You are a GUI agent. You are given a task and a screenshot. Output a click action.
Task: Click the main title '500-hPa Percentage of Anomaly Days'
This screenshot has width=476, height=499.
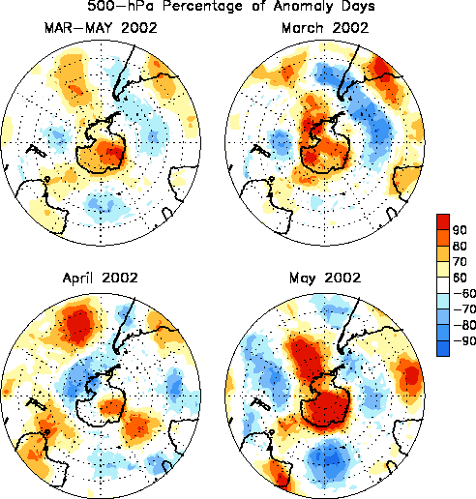click(x=231, y=6)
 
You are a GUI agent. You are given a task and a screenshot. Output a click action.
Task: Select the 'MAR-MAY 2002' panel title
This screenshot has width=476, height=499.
click(x=101, y=28)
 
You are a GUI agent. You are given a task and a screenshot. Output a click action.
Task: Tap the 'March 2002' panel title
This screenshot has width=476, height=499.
click(x=325, y=28)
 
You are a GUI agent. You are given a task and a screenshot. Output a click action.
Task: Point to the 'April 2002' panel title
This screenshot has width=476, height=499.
click(x=101, y=278)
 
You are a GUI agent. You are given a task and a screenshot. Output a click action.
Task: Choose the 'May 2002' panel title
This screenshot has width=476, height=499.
click(x=325, y=279)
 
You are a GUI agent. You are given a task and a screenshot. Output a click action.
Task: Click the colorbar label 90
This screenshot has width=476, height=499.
click(x=460, y=230)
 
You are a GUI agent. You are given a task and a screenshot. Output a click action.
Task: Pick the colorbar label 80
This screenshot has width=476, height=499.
click(x=460, y=246)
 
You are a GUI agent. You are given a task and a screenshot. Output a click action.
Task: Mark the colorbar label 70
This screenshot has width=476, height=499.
click(x=460, y=261)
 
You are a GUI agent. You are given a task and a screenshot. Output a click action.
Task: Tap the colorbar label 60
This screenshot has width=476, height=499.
click(x=460, y=278)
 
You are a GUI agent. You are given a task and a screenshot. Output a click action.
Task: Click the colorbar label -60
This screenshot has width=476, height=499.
click(x=464, y=293)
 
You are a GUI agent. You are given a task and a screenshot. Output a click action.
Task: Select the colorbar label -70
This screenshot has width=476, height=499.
click(x=464, y=309)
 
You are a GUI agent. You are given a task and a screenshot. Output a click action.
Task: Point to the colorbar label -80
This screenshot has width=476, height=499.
click(x=464, y=325)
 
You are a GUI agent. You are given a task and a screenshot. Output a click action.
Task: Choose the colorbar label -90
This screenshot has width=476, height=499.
click(x=464, y=340)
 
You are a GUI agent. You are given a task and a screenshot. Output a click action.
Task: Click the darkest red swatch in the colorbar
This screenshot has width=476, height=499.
click(x=443, y=221)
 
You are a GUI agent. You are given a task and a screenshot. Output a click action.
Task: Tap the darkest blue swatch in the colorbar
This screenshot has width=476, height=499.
click(x=443, y=348)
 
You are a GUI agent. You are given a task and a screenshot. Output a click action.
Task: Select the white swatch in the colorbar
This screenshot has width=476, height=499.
click(x=443, y=285)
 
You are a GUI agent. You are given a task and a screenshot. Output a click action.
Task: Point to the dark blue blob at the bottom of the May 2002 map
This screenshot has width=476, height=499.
click(x=330, y=458)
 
